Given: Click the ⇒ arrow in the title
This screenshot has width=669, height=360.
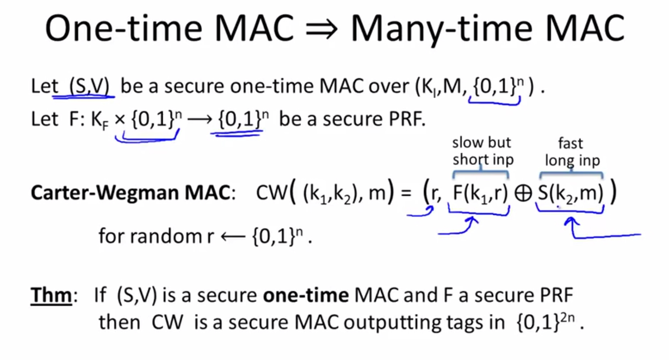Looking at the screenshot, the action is point(321,29).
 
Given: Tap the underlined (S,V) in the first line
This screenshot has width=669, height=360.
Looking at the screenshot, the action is point(89,86).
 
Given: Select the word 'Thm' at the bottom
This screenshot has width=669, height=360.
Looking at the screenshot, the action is point(51,295).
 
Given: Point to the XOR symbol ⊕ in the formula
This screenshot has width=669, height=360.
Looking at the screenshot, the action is point(523,193).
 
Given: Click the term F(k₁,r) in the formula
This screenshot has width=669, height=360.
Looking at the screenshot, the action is point(480,193).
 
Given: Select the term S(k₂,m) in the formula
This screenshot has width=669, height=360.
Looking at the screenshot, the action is point(570,193).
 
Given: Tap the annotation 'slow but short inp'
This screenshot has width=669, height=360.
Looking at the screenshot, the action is point(483,151).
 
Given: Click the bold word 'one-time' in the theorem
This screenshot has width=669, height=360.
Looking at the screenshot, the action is point(306,295).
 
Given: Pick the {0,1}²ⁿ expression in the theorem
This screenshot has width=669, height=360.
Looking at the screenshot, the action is point(546,322).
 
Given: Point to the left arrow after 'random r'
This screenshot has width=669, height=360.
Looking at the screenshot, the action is point(233,236).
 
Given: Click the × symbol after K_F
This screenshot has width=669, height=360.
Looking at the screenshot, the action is point(120,120).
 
